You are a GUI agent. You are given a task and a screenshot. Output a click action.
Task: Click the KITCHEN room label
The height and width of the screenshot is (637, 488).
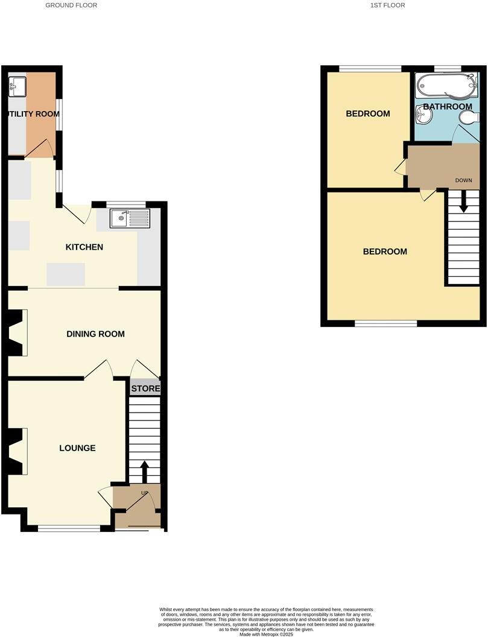(84, 247)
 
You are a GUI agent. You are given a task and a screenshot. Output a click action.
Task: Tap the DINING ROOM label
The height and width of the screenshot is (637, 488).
(95, 334)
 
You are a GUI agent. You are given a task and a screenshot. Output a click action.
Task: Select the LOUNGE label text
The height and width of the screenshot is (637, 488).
(77, 448)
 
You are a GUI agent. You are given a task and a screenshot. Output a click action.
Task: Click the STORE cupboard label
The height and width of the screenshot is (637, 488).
(145, 388)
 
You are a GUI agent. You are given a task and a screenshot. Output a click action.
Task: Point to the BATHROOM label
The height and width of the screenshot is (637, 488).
(447, 107)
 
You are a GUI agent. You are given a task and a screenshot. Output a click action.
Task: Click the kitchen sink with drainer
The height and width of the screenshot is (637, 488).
(129, 218)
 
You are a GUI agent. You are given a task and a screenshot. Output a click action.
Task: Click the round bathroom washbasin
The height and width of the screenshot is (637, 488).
(424, 115)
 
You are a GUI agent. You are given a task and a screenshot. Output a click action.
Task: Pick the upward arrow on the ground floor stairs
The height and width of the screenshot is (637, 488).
(144, 472)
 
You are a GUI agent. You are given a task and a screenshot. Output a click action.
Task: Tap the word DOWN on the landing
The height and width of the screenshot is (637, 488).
(463, 180)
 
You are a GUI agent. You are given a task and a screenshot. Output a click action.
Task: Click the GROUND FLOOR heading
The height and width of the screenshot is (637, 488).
(71, 5)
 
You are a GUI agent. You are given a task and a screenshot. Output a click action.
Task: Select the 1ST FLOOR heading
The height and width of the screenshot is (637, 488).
(387, 5)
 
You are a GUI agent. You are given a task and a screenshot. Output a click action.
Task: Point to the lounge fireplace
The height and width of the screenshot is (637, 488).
(16, 451)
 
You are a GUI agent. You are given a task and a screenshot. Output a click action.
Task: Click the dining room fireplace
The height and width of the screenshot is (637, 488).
(16, 332)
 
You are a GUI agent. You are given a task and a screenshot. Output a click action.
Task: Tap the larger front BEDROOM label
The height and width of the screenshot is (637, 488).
(384, 252)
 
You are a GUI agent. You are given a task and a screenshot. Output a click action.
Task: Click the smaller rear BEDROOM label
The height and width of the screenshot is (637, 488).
(367, 113)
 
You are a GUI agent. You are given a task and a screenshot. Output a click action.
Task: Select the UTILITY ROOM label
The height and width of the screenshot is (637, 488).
(33, 114)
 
